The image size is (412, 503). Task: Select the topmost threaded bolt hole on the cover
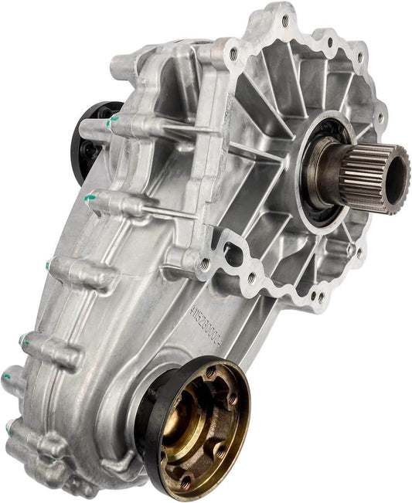pos(287,21)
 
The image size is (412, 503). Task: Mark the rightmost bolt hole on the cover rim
pos(379,116)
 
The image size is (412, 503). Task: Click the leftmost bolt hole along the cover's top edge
pos(233,53)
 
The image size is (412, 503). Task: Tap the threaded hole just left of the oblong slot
pos(204,263)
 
